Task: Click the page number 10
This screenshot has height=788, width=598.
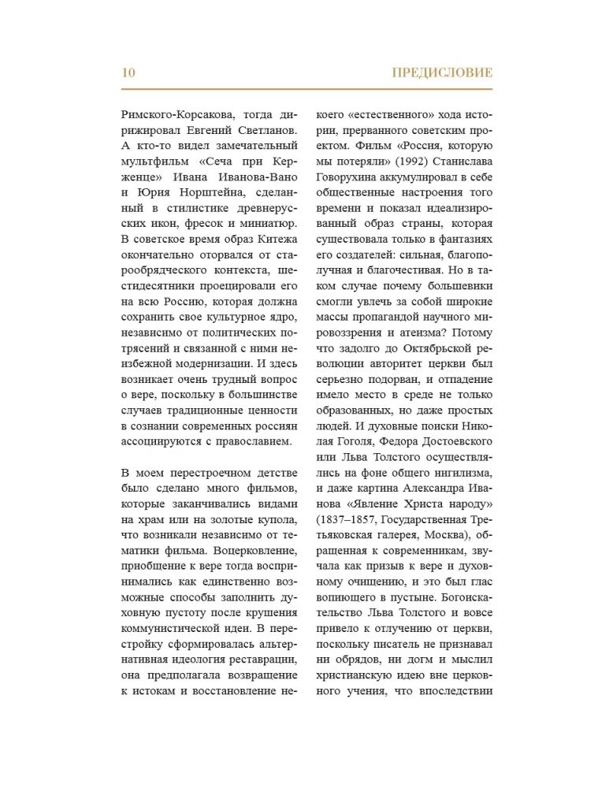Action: point(129,73)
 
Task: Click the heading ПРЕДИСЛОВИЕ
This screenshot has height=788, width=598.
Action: point(441,73)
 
